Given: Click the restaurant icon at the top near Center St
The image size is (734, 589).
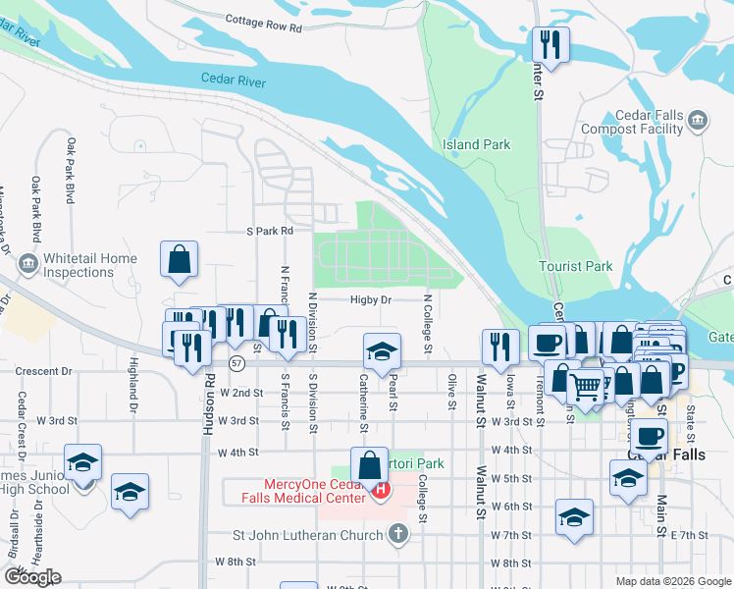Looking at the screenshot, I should click(549, 44).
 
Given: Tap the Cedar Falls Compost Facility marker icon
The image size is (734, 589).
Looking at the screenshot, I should click(698, 121).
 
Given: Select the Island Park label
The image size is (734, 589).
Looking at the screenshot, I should click(476, 144).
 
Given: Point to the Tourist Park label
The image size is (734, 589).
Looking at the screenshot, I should click(575, 266).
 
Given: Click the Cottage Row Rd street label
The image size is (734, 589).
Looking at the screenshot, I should click(263, 23).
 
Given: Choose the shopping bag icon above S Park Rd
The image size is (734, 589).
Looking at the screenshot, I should click(180, 260).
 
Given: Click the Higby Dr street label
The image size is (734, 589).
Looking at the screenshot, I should click(371, 300).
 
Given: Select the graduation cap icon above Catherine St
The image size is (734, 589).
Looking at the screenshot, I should click(382, 350).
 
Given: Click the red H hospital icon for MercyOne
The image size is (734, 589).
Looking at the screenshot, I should click(380, 488).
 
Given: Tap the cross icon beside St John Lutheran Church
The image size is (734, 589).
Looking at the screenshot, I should click(397, 534).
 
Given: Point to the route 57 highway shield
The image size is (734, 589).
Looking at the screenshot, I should click(236, 363).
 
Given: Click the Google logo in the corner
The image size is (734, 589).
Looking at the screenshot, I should click(32, 577).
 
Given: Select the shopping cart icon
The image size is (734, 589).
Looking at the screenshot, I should click(586, 386).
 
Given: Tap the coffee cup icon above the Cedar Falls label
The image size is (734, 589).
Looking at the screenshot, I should click(648, 435).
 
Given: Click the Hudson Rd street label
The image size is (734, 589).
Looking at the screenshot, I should click(209, 393).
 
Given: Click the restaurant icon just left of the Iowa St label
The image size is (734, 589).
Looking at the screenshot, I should click(500, 346).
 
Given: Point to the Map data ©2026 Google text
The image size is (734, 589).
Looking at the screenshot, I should click(672, 581).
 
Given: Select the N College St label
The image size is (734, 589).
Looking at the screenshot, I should click(428, 324).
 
